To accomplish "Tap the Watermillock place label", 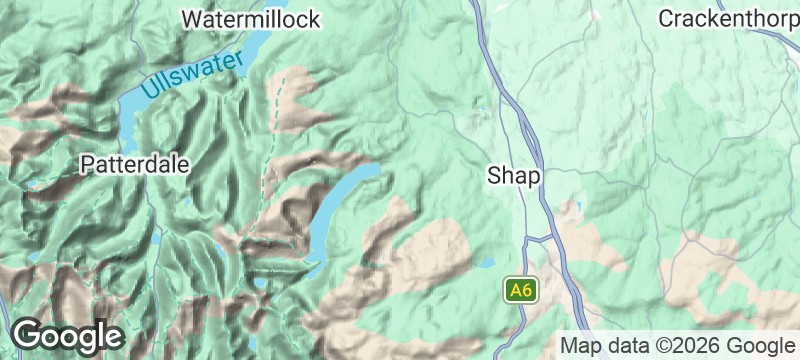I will point(251,19).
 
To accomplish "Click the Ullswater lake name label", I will point(192,75).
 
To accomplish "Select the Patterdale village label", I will point(135,164).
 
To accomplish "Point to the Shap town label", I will point(514,176).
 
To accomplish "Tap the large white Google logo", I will point(66,335).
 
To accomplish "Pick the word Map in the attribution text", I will point(583,345).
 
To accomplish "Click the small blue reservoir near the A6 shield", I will point(487,263).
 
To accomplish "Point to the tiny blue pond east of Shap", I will point(574,209).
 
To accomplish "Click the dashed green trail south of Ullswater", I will point(268,150).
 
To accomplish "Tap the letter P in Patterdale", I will point(88,164).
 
